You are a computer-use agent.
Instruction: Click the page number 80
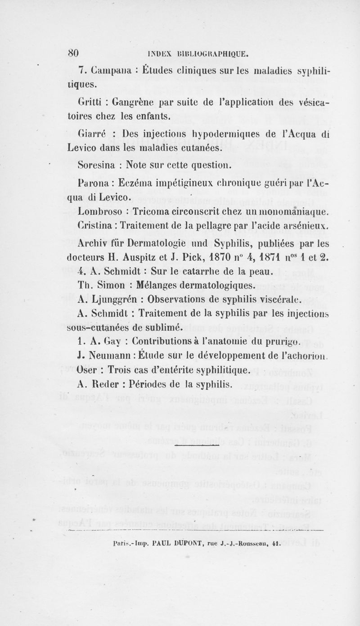pos(73,53)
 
